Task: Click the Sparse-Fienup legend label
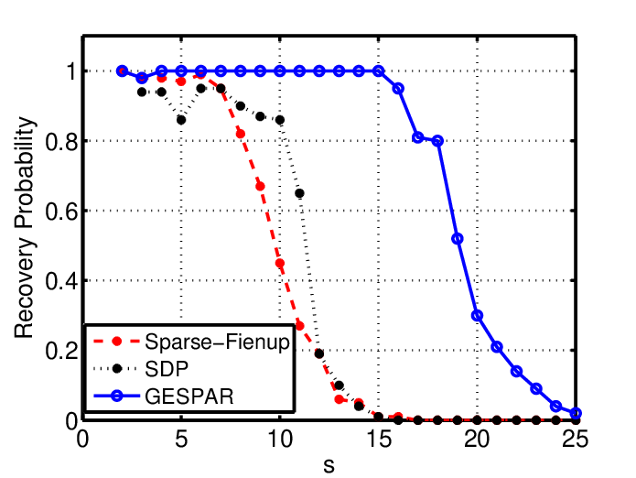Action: click(x=218, y=342)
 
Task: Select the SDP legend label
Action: click(x=167, y=369)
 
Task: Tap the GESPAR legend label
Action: click(x=189, y=396)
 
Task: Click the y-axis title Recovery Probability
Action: click(x=24, y=227)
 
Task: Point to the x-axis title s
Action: click(x=329, y=465)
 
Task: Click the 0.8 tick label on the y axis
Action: click(x=61, y=142)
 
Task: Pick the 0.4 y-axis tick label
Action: click(x=61, y=281)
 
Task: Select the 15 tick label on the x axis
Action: click(x=379, y=439)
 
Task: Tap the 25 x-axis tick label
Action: click(x=576, y=439)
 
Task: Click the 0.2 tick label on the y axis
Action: click(x=61, y=351)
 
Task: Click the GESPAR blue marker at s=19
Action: click(x=458, y=239)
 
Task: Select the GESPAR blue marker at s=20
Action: click(x=477, y=315)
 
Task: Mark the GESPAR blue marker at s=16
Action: click(x=398, y=89)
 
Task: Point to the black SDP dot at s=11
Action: click(x=300, y=193)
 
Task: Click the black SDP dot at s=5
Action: click(x=181, y=120)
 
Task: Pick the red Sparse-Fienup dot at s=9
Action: click(x=260, y=186)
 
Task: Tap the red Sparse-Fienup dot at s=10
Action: click(x=280, y=263)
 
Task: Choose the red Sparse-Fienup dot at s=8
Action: click(x=241, y=134)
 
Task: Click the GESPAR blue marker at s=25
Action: click(x=576, y=413)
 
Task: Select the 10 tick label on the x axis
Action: click(x=280, y=439)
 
